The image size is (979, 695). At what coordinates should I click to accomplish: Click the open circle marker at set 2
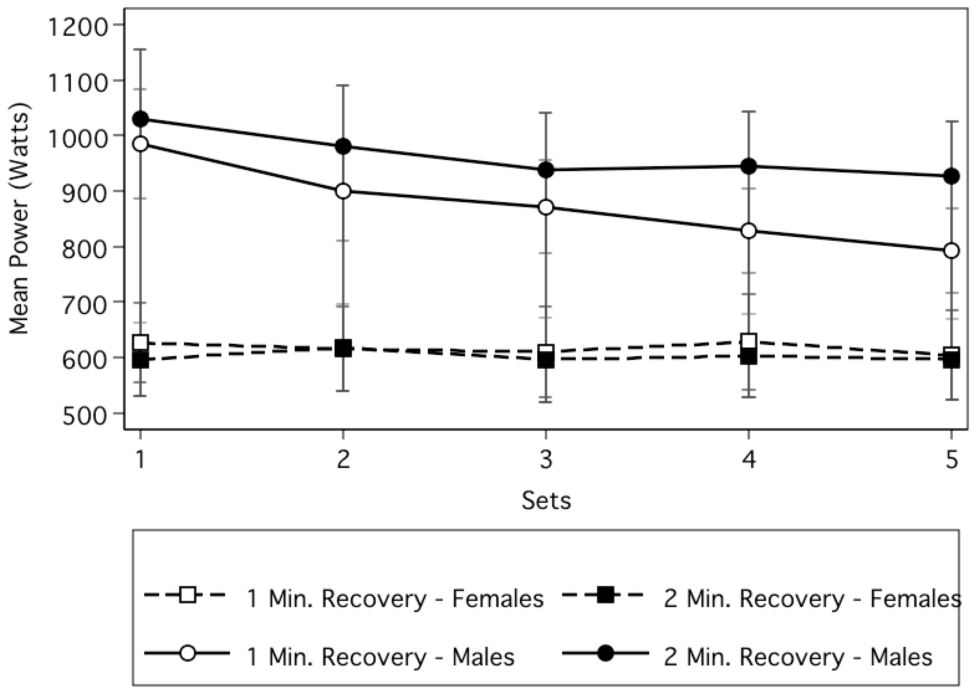tap(343, 191)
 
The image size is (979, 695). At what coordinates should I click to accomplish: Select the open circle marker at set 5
tap(951, 251)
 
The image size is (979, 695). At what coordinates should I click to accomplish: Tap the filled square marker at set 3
tap(546, 360)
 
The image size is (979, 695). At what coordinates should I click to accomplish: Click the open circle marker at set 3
tap(546, 207)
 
